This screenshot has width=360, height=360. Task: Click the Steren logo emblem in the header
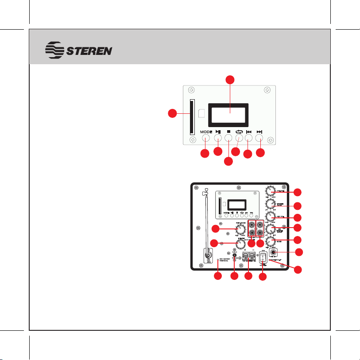click(56, 50)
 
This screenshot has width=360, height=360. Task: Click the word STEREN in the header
click(89, 50)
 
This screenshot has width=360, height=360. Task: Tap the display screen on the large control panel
click(229, 114)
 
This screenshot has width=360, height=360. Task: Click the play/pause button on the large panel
click(217, 138)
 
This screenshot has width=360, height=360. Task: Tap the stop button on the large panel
click(228, 138)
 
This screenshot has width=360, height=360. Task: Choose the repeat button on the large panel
click(239, 138)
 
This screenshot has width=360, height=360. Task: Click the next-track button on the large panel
click(260, 138)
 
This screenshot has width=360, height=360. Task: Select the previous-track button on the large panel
click(249, 138)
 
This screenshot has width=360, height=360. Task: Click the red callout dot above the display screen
click(229, 80)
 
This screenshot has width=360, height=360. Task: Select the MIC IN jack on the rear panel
click(274, 254)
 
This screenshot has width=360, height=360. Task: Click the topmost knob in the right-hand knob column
click(270, 191)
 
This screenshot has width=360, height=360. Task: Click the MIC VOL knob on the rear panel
click(270, 217)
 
